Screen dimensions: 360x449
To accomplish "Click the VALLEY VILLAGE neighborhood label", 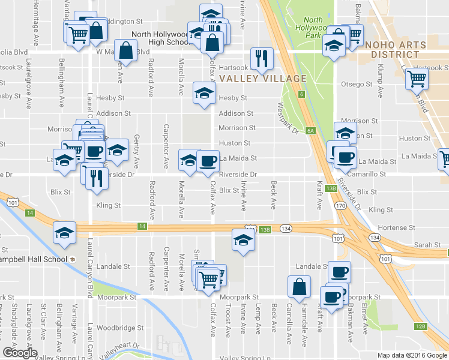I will (x=263, y=79).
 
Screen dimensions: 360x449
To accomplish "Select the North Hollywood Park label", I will (x=313, y=28).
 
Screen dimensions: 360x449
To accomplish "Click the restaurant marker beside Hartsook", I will (x=261, y=58).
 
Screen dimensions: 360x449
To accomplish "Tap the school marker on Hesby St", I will (x=204, y=94).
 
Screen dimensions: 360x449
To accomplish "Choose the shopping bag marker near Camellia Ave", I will (x=299, y=287).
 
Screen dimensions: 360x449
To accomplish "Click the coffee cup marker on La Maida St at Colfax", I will (x=208, y=160).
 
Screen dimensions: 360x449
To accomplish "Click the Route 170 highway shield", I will (x=340, y=206).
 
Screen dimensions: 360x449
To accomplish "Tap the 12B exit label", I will (x=420, y=326).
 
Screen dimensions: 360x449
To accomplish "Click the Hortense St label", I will (x=396, y=228).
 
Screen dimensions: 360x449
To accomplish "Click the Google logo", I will (x=20, y=353).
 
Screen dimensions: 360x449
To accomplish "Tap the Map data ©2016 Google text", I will (x=412, y=355).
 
